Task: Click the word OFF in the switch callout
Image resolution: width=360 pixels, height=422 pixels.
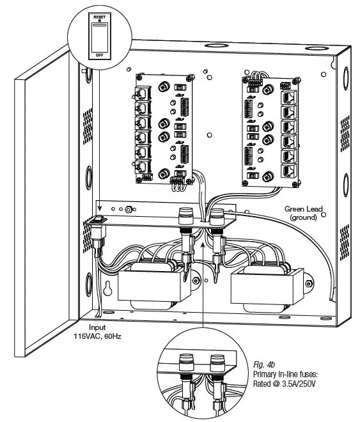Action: (98, 55)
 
